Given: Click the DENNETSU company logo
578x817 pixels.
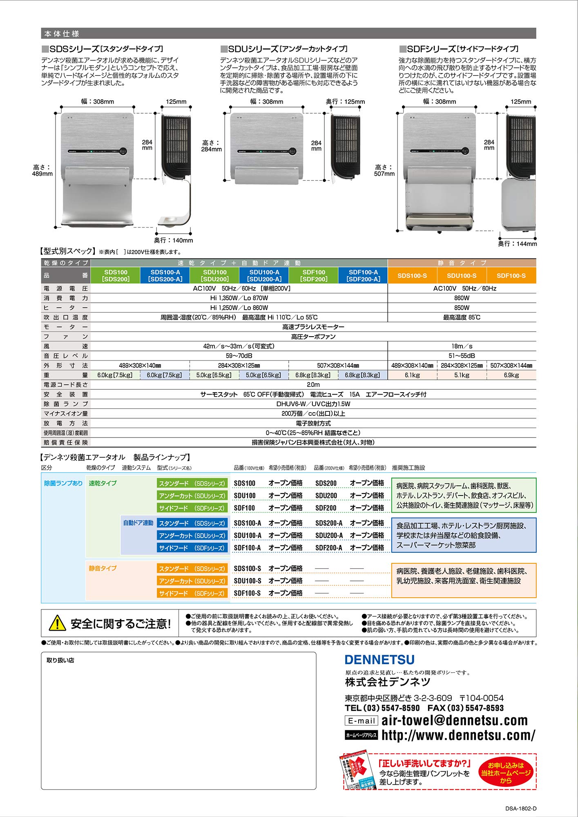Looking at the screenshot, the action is [379, 660].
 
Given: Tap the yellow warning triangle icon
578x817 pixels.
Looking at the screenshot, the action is [57, 623].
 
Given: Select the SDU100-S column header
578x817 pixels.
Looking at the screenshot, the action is [462, 276].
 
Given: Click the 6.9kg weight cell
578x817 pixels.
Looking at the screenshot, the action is [511, 375].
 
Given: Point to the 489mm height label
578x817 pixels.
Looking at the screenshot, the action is [42, 170].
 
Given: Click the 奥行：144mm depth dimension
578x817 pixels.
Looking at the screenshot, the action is [518, 244].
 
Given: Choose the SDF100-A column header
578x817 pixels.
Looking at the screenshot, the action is [363, 275].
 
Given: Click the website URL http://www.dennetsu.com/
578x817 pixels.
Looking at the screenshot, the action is [458, 735].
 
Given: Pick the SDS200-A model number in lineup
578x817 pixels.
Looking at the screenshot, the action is [329, 523].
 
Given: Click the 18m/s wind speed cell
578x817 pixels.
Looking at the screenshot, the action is [462, 346].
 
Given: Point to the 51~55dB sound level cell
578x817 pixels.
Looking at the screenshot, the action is [462, 356].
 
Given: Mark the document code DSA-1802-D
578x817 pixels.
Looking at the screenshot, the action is [521, 808].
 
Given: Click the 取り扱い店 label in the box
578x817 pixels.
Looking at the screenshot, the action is [60, 660].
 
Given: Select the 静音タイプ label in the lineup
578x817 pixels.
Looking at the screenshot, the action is [103, 568].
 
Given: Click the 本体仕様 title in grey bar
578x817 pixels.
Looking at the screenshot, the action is [62, 33].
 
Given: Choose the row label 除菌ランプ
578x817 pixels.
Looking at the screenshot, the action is [66, 404].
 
